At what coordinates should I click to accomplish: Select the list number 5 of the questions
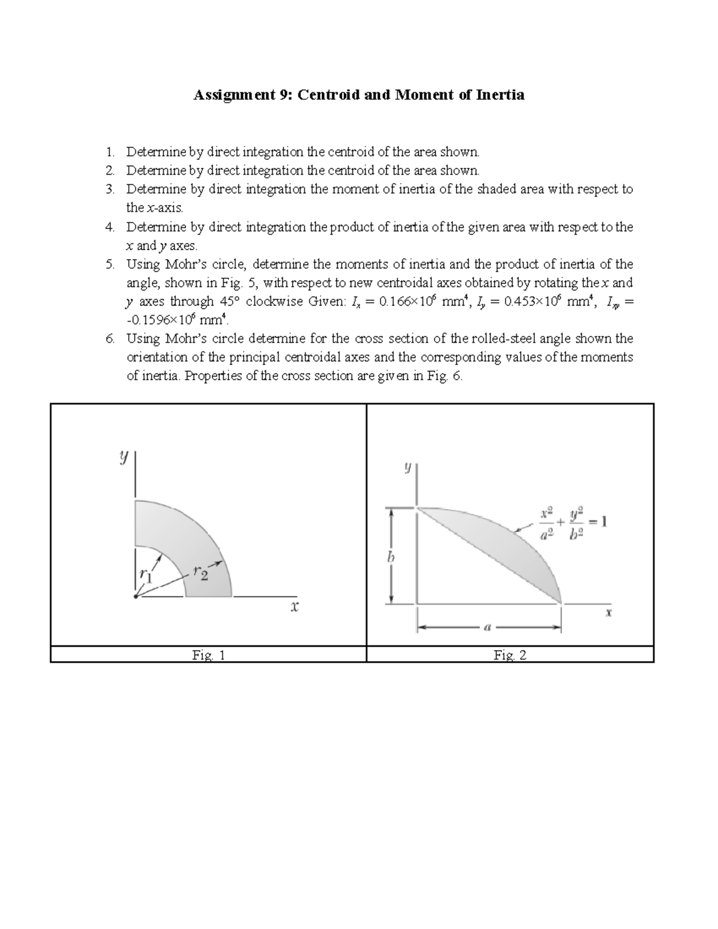[x=109, y=264]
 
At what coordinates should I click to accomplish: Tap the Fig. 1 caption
[x=208, y=655]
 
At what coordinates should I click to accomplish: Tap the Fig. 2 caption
[x=510, y=655]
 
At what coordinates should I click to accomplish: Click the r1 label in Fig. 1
[x=146, y=574]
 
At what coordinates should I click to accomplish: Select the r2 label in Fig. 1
[x=201, y=572]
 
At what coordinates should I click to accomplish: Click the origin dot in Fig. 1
[x=136, y=596]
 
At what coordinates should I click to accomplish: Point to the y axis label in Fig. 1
[x=123, y=458]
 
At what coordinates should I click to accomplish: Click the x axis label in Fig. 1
[x=294, y=607]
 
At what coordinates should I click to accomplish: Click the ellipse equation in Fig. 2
[x=573, y=523]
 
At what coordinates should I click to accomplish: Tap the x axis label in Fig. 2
[x=608, y=613]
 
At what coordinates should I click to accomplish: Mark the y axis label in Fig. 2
[x=407, y=467]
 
